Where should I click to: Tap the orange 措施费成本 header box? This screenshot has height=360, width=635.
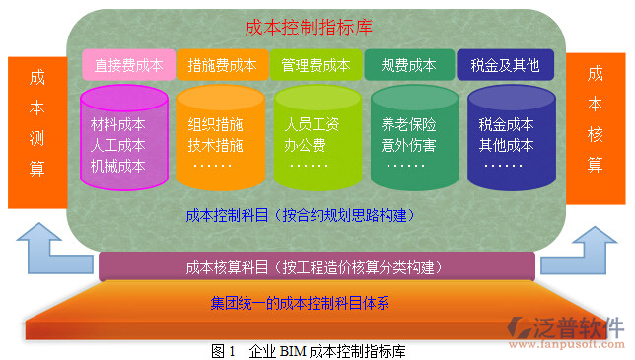222,66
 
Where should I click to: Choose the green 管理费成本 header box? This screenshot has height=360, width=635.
317,66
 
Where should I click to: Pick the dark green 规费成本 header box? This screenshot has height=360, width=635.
408,66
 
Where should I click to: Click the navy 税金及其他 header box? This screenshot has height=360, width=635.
506,66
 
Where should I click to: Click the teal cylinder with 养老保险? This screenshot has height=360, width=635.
408,138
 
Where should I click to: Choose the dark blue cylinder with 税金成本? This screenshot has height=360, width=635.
505,138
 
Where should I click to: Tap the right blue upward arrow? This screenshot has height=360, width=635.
596,246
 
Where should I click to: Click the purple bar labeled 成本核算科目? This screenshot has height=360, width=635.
317,267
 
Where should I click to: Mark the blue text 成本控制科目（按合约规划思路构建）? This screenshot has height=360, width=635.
299,214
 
